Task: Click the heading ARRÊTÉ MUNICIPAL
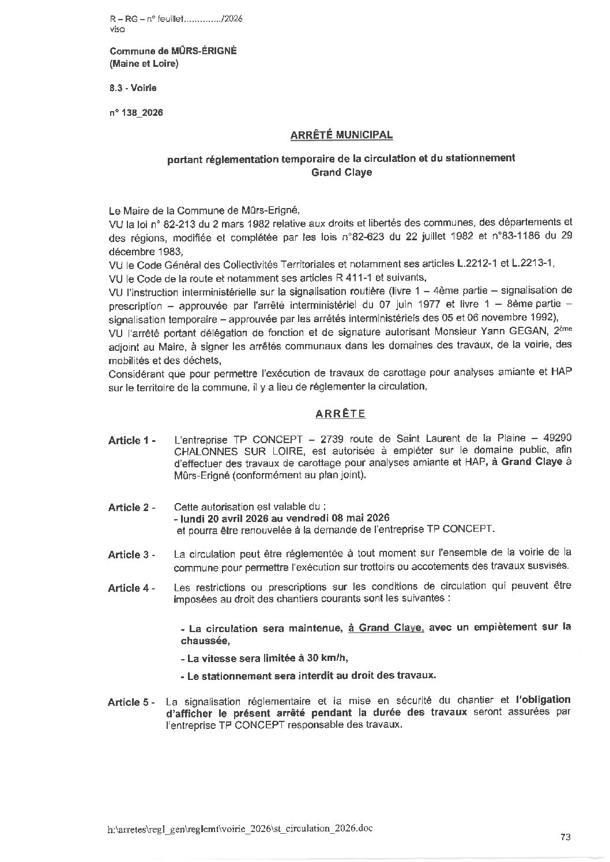click(341, 135)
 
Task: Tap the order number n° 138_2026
click(136, 113)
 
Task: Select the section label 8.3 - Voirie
click(133, 88)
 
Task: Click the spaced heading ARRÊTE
click(340, 414)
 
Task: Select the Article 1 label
click(132, 441)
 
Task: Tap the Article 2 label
click(132, 508)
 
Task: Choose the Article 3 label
click(132, 555)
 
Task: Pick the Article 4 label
click(132, 588)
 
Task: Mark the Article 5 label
click(131, 702)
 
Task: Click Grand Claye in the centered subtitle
click(341, 172)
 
